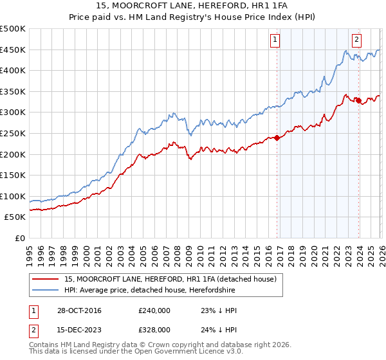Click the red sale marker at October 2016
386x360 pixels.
pyautogui.click(x=277, y=138)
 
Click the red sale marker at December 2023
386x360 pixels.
pyautogui.click(x=358, y=100)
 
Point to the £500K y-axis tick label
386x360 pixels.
pyautogui.click(x=13, y=30)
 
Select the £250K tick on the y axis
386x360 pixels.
pyautogui.click(x=13, y=134)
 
